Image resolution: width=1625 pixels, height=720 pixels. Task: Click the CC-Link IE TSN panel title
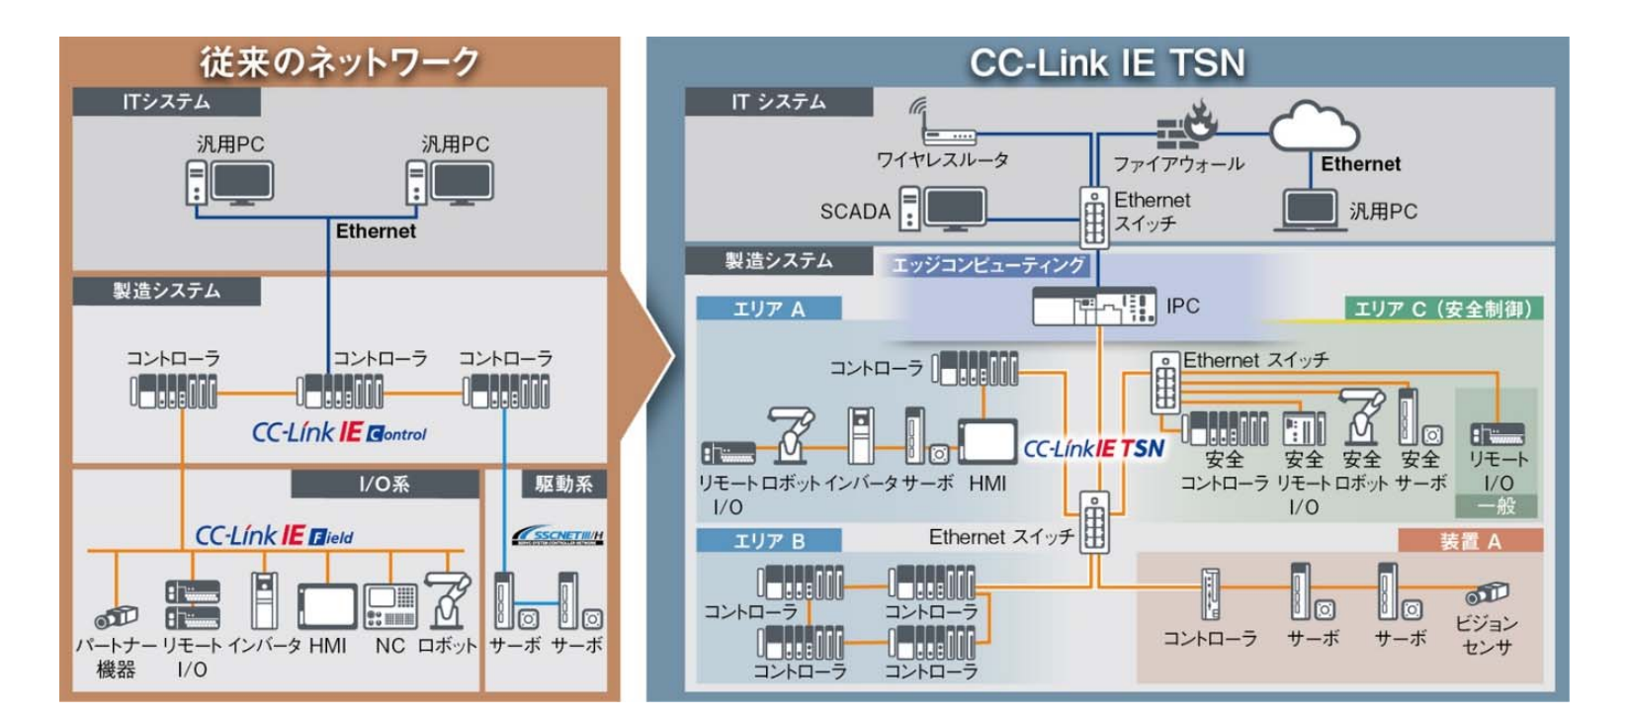[x=1107, y=63]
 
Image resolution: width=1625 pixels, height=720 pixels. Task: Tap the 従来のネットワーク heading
[x=339, y=61]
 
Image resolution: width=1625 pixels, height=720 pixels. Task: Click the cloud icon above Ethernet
[x=1314, y=127]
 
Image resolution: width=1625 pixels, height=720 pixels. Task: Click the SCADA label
[x=855, y=212]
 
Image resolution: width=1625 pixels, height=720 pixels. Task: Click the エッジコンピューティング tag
[x=987, y=265]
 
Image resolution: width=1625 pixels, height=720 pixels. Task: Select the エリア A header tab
[x=769, y=310]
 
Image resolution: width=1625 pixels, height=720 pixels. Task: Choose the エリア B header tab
[x=769, y=541]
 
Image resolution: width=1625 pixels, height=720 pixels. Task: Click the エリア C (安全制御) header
[x=1442, y=310]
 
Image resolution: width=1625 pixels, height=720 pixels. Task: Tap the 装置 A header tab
[x=1470, y=541]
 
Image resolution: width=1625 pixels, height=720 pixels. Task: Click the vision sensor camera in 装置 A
[x=1486, y=593]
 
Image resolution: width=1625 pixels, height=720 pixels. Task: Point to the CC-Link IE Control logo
[x=339, y=433]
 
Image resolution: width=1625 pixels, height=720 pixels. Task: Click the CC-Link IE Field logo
[x=274, y=536]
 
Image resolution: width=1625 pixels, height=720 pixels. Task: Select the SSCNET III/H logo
[x=557, y=535]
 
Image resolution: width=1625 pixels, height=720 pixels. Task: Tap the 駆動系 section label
[x=563, y=484]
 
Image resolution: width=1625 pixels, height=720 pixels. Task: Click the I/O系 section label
[x=385, y=484]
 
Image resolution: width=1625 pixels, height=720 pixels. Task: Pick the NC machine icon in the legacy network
[x=390, y=605]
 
